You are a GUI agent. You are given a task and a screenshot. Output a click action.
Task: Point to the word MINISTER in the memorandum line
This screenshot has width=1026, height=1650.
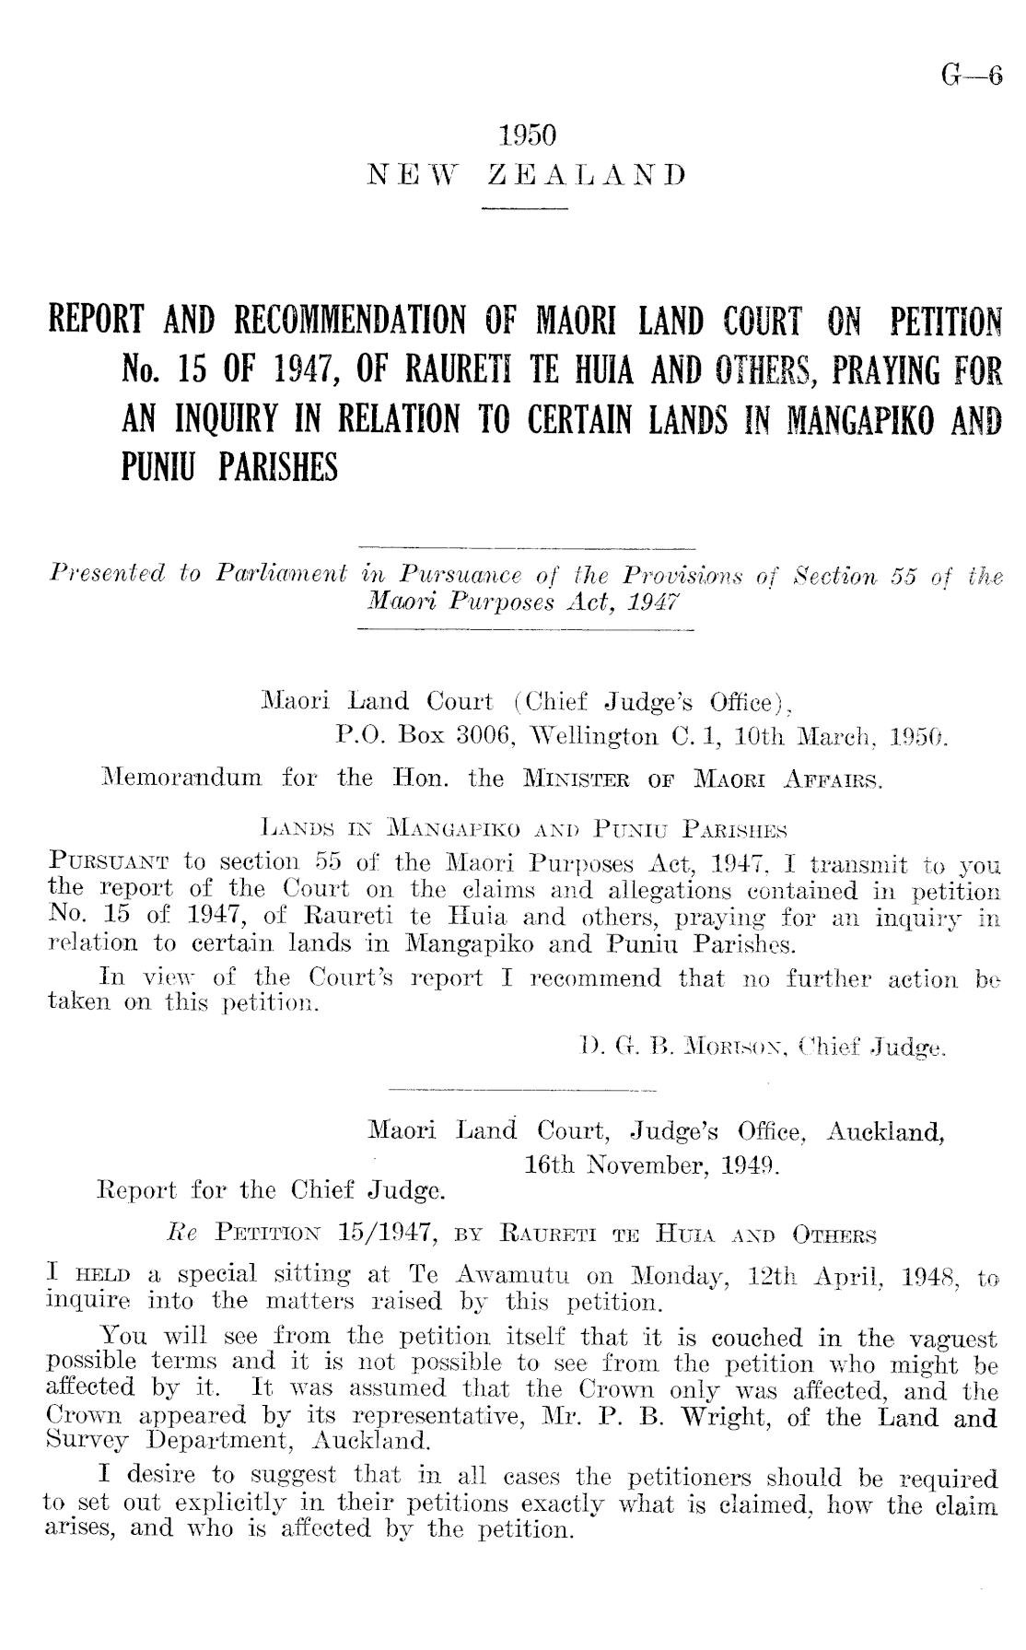[x=555, y=778]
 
